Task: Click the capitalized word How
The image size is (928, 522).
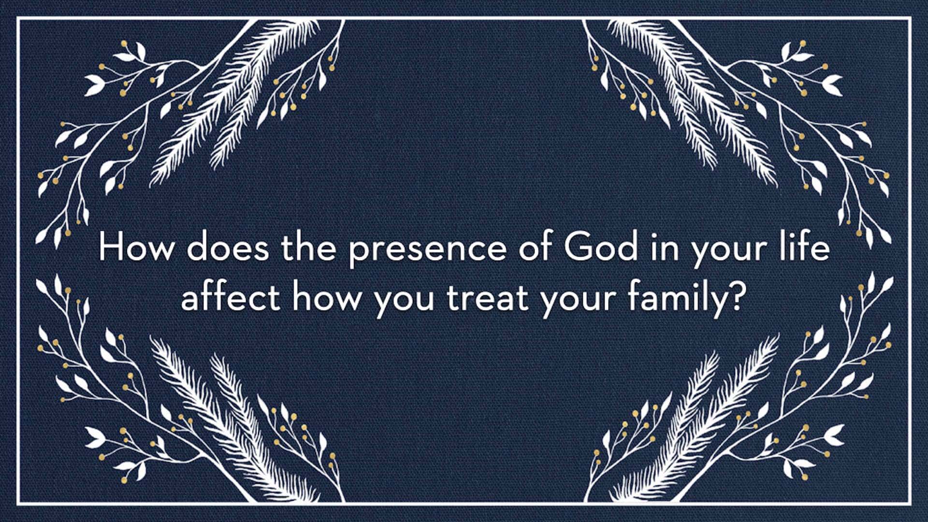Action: click(x=135, y=247)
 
